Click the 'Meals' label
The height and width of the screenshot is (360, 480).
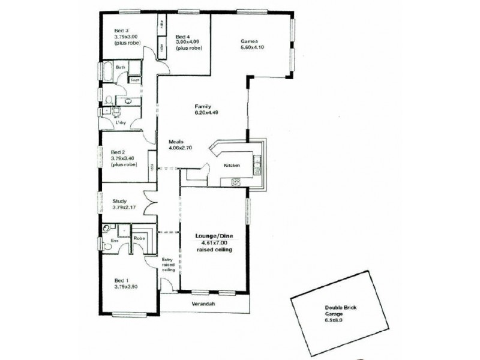[x=176, y=142]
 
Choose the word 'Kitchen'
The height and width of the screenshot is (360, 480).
[x=232, y=165]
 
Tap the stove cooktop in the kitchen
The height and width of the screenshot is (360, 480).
[x=236, y=182]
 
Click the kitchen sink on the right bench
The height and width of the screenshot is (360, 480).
[x=257, y=161]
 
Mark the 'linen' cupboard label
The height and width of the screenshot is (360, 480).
[x=136, y=79]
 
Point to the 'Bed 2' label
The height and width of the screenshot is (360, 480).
[x=118, y=152]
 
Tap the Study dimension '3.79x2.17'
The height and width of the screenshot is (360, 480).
[x=125, y=208]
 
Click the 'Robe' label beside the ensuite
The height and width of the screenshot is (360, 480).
[x=138, y=238]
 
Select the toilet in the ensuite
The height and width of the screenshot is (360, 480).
[x=107, y=229]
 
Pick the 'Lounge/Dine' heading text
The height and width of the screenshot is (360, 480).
[x=212, y=236]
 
